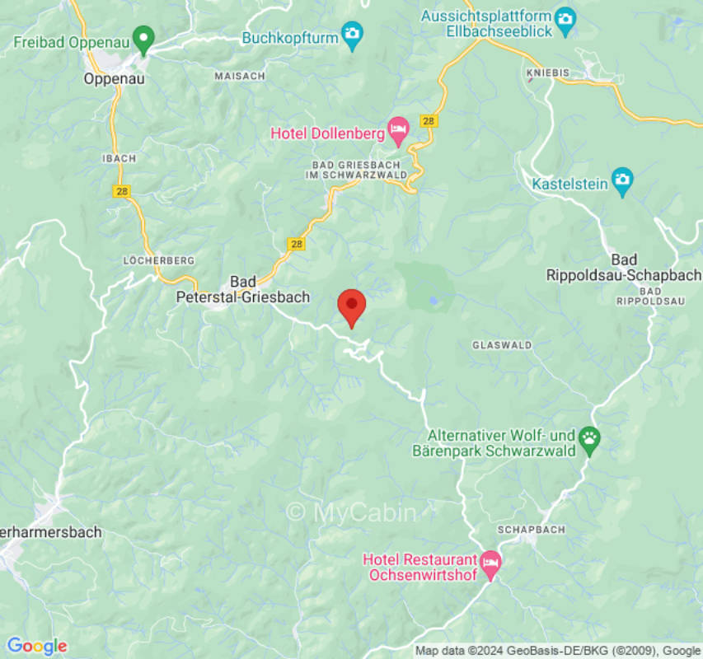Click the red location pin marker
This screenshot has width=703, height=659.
[352, 306]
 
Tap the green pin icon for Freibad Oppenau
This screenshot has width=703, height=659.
[145, 38]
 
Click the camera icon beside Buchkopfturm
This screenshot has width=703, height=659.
[352, 35]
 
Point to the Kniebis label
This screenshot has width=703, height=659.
[547, 72]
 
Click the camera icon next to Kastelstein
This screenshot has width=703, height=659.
[622, 181]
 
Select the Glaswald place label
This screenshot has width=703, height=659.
[502, 345]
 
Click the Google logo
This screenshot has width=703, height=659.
[36, 646]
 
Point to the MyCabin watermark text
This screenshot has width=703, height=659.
[351, 512]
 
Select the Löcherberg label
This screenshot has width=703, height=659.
[159, 260]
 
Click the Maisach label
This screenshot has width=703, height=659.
[240, 75]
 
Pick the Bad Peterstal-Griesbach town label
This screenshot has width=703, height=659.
[242, 289]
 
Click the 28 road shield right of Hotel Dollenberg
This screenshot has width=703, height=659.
[428, 121]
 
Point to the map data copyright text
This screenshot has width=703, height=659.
[557, 651]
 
